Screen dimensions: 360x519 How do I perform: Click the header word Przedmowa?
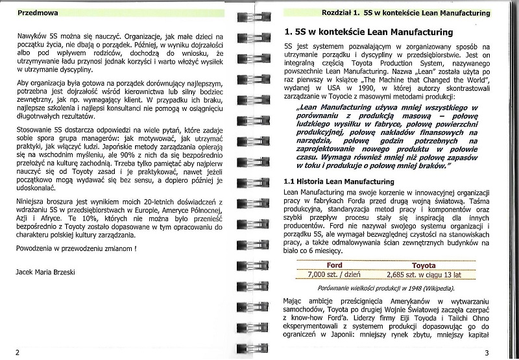coord(39,12)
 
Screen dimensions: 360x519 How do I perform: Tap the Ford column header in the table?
coord(335,265)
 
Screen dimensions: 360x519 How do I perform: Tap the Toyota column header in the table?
coord(422,265)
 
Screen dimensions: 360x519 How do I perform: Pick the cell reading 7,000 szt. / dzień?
coord(335,274)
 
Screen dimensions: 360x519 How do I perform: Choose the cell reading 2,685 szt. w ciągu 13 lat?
coord(423,274)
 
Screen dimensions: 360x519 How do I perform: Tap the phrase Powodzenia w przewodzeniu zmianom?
coord(77,248)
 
